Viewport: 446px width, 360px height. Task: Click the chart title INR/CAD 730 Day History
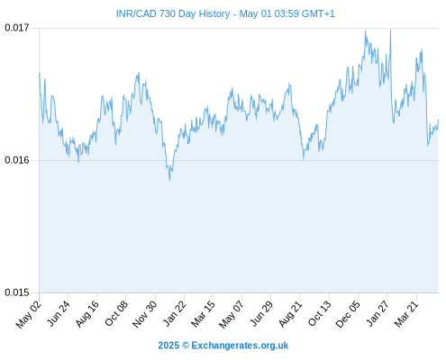pos(173,13)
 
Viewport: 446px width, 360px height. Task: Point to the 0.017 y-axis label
pos(17,28)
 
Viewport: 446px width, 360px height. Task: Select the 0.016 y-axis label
pos(17,160)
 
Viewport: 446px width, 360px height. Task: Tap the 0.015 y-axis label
pos(17,292)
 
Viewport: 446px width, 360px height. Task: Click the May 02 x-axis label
pos(28,314)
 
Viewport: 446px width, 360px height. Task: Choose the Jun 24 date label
pos(59,313)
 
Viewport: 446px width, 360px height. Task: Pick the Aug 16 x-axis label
pos(86,314)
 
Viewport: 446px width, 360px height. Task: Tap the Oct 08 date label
pos(116,313)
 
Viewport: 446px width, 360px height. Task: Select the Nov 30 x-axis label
pos(144,314)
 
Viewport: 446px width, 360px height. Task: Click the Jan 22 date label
pos(174,313)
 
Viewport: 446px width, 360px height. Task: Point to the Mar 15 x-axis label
pos(203,314)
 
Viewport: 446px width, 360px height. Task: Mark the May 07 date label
pos(231,314)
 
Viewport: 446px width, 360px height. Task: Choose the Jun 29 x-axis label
pos(261,313)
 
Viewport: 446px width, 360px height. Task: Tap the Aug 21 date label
pos(290,314)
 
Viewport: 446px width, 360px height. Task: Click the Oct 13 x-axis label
pos(320,313)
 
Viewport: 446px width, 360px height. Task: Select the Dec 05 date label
pos(348,314)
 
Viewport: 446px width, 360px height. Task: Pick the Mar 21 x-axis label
pos(406,314)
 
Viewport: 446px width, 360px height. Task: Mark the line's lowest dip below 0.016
pos(169,180)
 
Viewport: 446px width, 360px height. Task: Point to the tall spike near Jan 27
pos(390,30)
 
